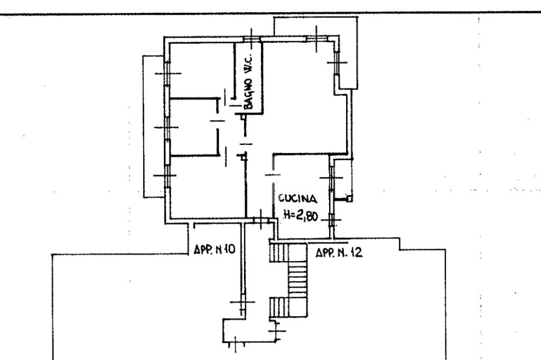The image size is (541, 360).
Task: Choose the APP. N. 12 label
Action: (x=339, y=253)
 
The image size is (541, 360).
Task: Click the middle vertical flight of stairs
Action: (x=298, y=280)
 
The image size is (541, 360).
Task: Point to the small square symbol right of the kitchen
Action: (x=349, y=199)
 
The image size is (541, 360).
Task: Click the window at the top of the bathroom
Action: (x=251, y=38)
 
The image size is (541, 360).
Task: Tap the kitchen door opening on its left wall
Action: (x=273, y=175)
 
